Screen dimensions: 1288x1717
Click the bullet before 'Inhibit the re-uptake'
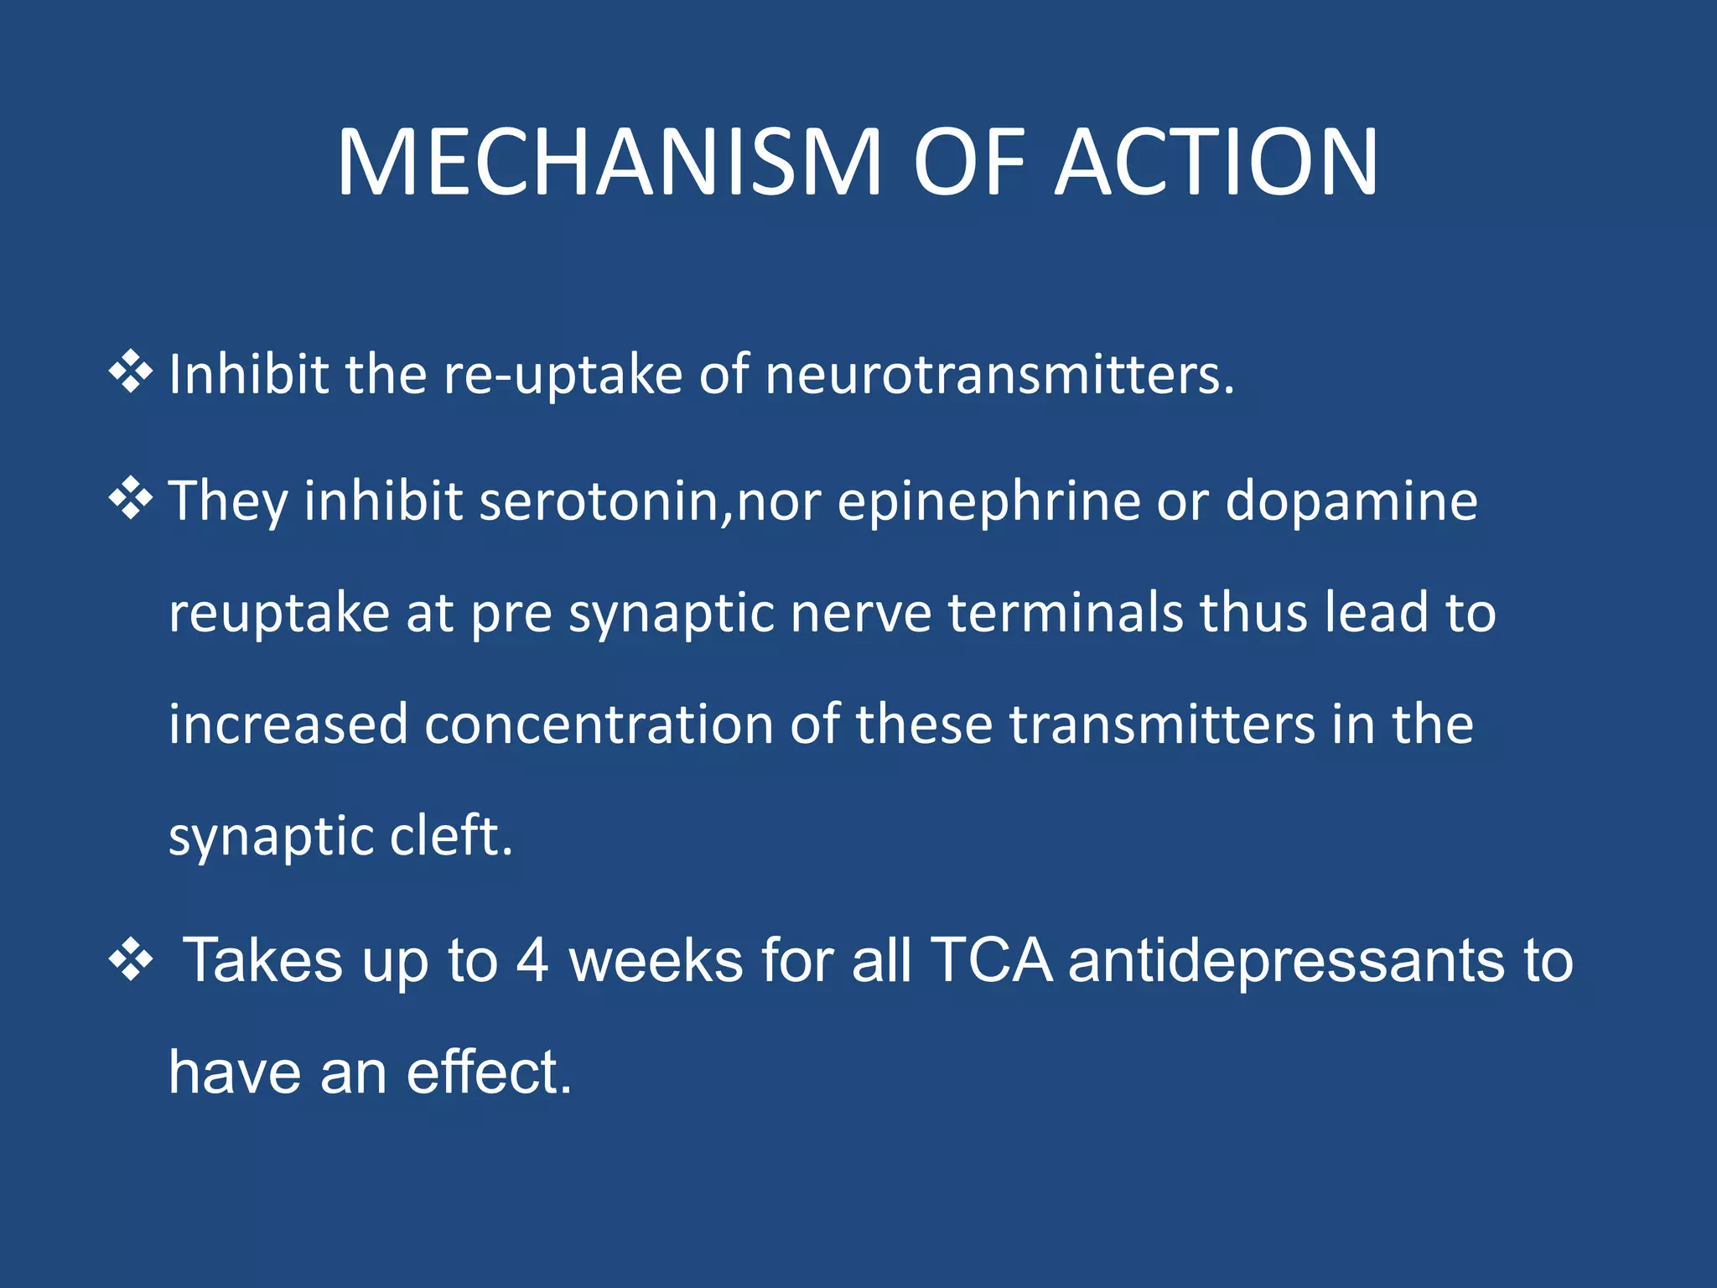coord(131,372)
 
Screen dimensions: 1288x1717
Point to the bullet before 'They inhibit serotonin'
coord(131,500)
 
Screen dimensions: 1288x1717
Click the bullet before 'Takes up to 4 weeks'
coord(131,959)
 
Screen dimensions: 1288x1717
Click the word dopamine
coord(1351,501)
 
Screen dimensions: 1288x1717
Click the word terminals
coord(1065,612)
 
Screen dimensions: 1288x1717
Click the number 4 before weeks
coord(532,961)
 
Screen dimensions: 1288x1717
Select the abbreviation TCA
coord(991,961)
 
